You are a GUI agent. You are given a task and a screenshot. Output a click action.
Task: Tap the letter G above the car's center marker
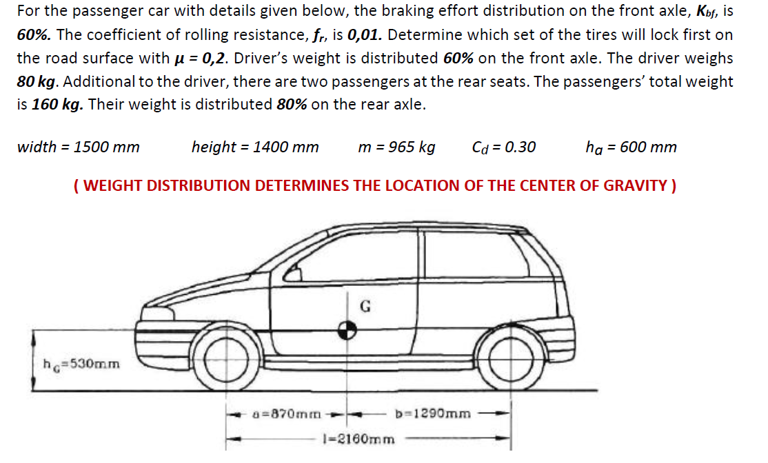[367, 307]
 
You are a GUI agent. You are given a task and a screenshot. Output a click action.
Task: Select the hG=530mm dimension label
[81, 364]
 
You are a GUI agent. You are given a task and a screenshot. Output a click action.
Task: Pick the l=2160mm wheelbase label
[359, 438]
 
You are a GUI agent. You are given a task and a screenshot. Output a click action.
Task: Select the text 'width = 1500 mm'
[78, 147]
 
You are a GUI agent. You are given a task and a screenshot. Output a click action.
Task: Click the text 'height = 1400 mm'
[255, 147]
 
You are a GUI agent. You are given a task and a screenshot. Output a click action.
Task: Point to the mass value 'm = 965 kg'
[397, 147]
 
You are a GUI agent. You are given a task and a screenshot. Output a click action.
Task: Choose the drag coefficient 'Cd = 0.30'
[504, 147]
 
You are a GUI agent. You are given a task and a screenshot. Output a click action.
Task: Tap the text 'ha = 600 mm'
[631, 147]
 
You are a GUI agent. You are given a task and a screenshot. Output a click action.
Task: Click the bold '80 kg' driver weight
[36, 81]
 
